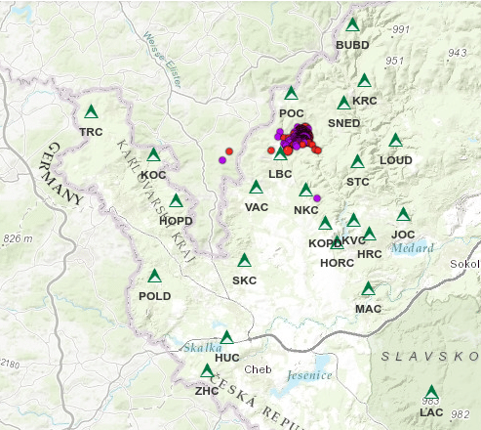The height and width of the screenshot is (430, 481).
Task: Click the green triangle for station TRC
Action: [92, 112]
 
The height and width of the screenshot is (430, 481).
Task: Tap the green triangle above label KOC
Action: [153, 155]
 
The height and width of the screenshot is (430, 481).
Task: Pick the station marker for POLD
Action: [154, 277]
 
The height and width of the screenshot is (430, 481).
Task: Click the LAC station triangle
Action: [431, 393]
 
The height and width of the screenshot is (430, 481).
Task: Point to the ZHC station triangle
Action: [206, 371]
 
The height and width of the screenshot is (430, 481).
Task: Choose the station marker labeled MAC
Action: [368, 289]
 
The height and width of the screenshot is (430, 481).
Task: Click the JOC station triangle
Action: [403, 215]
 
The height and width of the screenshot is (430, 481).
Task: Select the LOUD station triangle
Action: [395, 141]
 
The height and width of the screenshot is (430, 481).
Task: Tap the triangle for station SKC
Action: [244, 261]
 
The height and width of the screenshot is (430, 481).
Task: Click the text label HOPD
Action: [176, 220]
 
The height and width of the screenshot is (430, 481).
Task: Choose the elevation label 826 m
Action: [19, 238]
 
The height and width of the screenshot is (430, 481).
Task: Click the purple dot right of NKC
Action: [317, 198]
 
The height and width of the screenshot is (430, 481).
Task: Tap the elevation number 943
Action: [457, 52]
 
